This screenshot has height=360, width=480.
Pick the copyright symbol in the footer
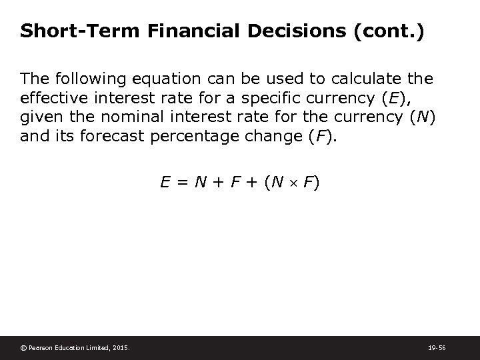point(24,347)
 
